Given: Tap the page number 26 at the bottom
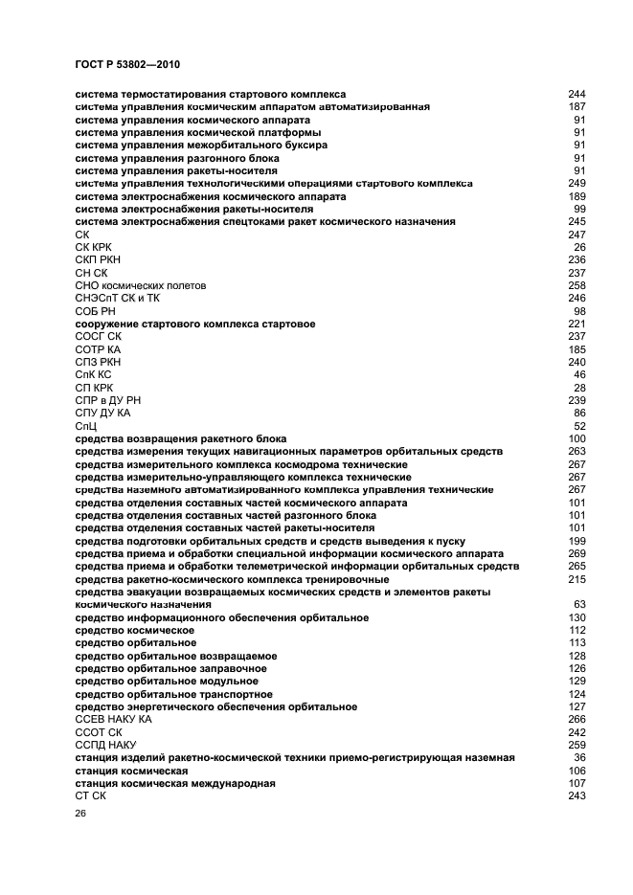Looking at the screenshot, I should coord(80,814).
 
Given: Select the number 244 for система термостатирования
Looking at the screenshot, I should coord(576,95).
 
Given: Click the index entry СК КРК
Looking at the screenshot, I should coord(93,247).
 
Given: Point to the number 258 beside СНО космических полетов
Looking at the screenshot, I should coord(576,285).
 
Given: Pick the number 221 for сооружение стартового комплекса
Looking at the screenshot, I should coord(576,324).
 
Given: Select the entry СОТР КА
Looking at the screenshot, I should coord(98,349).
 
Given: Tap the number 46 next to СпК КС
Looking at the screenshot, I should coord(579,374).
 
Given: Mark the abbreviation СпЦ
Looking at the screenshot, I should coord(85,426).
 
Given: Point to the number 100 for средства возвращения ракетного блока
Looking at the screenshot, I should coord(576,438).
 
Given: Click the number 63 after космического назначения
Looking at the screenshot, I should coord(579,605).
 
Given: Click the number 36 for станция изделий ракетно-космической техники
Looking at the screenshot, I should coord(579,757).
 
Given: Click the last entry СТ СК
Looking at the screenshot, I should coord(90,795).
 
